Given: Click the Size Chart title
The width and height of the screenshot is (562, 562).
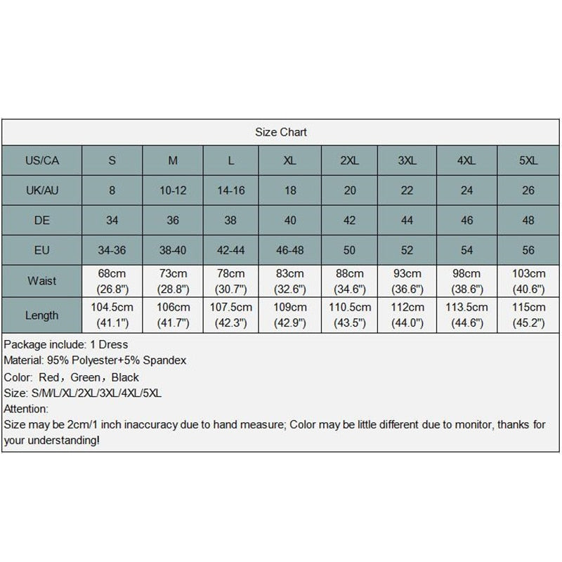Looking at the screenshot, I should click(x=281, y=132).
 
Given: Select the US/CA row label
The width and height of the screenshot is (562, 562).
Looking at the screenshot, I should click(x=41, y=161).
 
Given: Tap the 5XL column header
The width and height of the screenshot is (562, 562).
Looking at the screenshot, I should click(x=528, y=161).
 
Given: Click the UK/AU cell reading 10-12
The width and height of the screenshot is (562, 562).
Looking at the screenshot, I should click(x=173, y=190).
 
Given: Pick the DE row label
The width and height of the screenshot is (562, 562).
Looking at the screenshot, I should click(x=41, y=221).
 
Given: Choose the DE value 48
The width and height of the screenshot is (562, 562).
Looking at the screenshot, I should click(x=528, y=221).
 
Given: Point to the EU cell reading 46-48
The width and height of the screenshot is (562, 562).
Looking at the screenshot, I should click(x=289, y=251).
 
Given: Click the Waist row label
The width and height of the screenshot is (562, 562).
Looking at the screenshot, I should click(x=41, y=281).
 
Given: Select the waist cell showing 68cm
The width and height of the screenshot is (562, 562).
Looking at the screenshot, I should click(x=112, y=281).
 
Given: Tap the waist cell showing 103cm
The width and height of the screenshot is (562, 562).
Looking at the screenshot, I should click(x=528, y=281).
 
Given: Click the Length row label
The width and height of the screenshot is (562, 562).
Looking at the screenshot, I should click(x=41, y=315).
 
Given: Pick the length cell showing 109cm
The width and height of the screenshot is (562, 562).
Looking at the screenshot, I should click(x=289, y=315).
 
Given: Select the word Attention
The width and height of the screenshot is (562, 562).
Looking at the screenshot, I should click(x=26, y=409).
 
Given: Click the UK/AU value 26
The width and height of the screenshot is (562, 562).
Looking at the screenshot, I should click(x=528, y=190).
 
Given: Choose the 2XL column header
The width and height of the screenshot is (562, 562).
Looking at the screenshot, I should click(x=349, y=161).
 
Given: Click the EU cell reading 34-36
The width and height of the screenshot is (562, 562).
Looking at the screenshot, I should click(x=112, y=251).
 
